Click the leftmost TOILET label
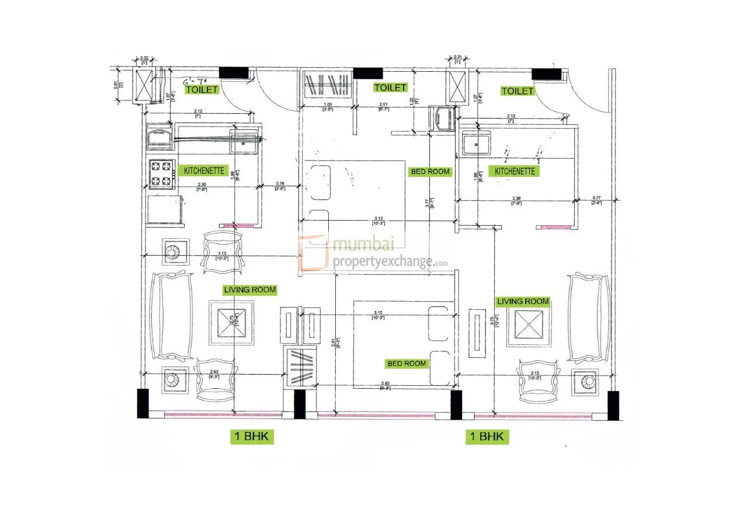click(x=202, y=90)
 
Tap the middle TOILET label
click(x=390, y=88)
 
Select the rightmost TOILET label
click(x=517, y=91)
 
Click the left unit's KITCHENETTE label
click(x=204, y=171)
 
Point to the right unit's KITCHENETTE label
click(x=515, y=172)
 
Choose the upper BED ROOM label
click(x=430, y=172)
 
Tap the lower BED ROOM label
click(x=407, y=363)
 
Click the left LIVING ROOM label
click(x=249, y=289)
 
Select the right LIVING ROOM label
click(x=523, y=301)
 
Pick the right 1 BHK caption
click(x=487, y=436)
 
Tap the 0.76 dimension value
click(x=281, y=183)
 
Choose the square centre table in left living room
click(x=232, y=323)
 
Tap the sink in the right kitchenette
click(x=476, y=143)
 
